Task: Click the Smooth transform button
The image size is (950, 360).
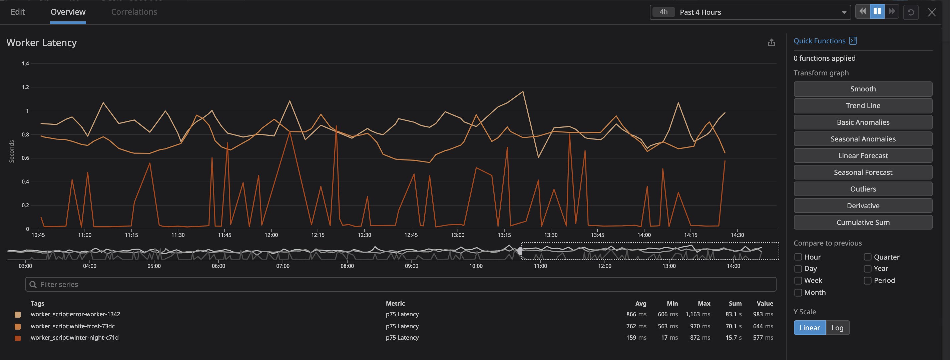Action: pos(863,89)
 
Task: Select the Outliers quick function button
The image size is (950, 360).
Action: pos(863,189)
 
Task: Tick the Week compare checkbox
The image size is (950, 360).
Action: pos(798,281)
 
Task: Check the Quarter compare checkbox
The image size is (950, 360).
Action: pos(867,257)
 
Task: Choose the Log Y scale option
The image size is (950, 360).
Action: pos(837,328)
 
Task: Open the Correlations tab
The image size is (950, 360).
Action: pos(134,12)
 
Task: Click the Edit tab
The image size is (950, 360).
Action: pos(18,12)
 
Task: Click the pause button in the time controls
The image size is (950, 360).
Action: pos(877,11)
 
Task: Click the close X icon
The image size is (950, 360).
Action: pos(932,13)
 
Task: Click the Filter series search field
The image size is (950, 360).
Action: pos(401,284)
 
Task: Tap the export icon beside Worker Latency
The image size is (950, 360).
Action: pos(771,43)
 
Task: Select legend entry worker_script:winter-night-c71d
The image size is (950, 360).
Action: pos(74,338)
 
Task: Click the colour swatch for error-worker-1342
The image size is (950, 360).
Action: pos(18,315)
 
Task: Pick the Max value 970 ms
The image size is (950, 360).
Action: pos(699,326)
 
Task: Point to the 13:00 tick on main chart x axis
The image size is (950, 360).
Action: pos(457,235)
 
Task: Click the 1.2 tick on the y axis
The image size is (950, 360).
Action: pos(25,87)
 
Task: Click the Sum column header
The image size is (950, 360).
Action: pos(735,304)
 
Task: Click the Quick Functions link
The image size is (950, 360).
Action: pos(819,41)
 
